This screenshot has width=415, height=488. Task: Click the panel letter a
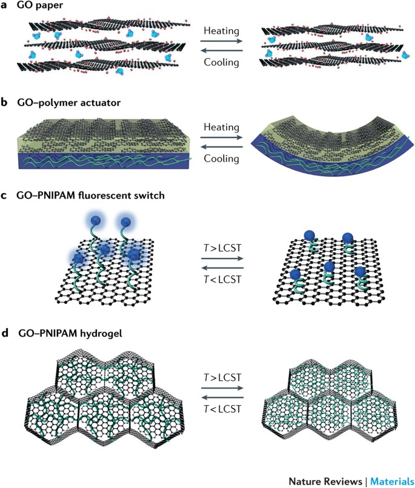[5, 6]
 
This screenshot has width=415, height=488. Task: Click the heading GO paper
[39, 6]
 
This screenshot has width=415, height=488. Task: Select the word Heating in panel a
[222, 29]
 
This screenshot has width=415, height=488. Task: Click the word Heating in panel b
[222, 129]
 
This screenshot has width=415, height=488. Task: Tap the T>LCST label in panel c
[222, 249]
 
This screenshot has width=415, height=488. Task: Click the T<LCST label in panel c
[222, 282]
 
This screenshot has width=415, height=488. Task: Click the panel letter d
[5, 331]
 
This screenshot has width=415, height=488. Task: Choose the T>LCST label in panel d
[222, 376]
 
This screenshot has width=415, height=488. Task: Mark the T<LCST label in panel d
[222, 409]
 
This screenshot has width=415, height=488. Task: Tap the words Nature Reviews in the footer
[322, 481]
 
